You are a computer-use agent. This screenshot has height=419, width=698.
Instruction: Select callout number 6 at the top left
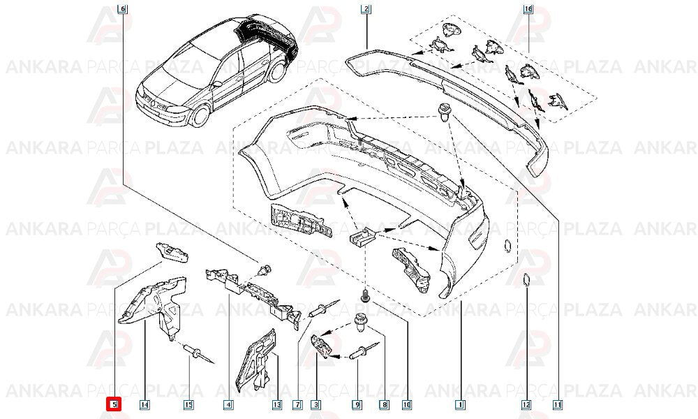click(x=122, y=8)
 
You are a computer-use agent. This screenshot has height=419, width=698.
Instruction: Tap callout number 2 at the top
click(x=366, y=8)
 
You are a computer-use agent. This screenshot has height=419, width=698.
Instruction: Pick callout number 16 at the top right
click(x=528, y=8)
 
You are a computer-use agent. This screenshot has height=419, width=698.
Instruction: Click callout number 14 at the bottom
click(x=144, y=405)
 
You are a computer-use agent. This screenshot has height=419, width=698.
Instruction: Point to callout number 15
click(x=188, y=405)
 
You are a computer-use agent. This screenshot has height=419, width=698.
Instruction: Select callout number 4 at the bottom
click(x=228, y=405)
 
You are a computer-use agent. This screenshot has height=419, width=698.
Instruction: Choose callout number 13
click(x=277, y=405)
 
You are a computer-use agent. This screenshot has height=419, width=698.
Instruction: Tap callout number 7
click(x=297, y=405)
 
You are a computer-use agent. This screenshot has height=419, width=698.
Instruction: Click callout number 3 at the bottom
click(x=316, y=405)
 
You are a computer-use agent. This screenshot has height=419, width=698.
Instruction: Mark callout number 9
click(x=357, y=405)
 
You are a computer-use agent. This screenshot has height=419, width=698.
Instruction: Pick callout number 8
click(x=384, y=405)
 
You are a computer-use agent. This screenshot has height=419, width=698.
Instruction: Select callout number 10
click(x=406, y=405)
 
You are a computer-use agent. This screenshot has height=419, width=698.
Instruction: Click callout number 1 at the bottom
click(x=460, y=405)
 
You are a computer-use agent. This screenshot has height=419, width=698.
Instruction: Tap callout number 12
click(x=526, y=405)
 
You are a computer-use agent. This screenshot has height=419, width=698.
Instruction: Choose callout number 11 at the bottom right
click(x=557, y=405)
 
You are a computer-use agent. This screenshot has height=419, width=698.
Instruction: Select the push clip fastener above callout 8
click(x=360, y=324)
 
